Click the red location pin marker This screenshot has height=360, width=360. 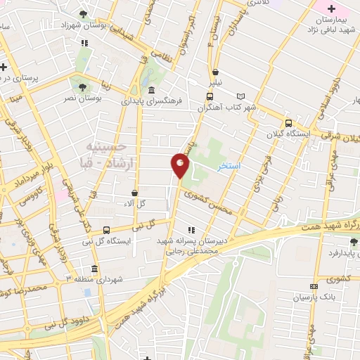click(x=181, y=164)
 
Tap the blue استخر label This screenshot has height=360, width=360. click(x=229, y=167)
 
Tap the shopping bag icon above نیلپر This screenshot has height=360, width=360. click(x=215, y=72)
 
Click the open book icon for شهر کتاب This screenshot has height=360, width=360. click(x=243, y=96)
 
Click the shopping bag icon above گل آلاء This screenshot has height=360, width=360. click(x=134, y=192)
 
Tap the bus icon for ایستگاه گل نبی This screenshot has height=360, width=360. click(x=106, y=230)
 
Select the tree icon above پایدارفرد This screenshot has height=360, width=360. click(x=352, y=242)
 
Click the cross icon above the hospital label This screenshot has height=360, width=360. click(x=335, y=8)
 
